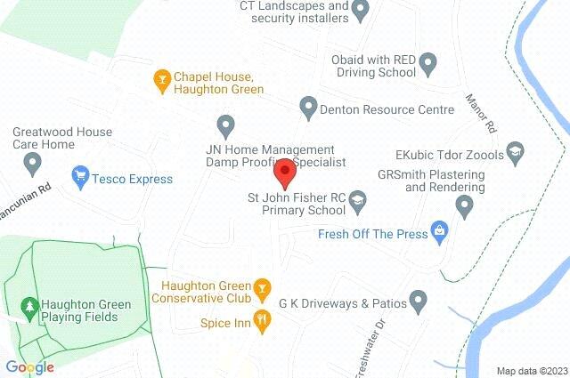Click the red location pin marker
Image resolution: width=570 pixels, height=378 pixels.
(x=284, y=170)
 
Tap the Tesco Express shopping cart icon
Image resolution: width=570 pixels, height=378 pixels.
(x=81, y=179)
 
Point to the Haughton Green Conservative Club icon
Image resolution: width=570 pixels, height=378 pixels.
(x=262, y=286)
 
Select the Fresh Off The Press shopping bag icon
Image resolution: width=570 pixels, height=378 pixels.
(x=439, y=234)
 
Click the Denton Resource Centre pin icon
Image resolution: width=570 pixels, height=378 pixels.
(x=308, y=109)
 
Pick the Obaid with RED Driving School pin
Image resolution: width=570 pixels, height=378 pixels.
(x=427, y=64)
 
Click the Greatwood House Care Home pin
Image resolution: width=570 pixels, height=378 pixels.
(x=33, y=163)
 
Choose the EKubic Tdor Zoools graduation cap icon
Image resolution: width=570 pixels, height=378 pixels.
(x=516, y=155)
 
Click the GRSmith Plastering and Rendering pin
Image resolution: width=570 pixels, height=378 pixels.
(x=463, y=205)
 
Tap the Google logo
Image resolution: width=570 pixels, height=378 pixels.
(x=29, y=366)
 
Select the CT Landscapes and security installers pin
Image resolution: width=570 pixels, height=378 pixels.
(x=360, y=12)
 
